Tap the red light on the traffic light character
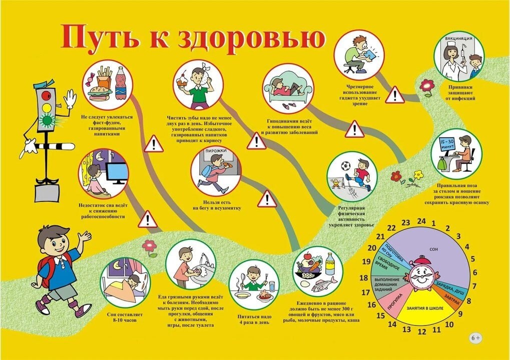point(46,95)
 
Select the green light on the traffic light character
point(48,120)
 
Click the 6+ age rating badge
point(475,338)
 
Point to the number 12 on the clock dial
point(422,331)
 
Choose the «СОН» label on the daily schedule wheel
point(433,249)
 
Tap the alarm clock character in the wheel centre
point(421,274)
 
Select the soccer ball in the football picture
point(345,166)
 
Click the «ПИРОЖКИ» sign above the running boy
point(216,151)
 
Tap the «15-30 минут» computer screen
point(447,145)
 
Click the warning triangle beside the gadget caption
point(395,95)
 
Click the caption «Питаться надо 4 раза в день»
point(254,319)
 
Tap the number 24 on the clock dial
point(421,221)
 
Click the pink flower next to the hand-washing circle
point(149,245)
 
